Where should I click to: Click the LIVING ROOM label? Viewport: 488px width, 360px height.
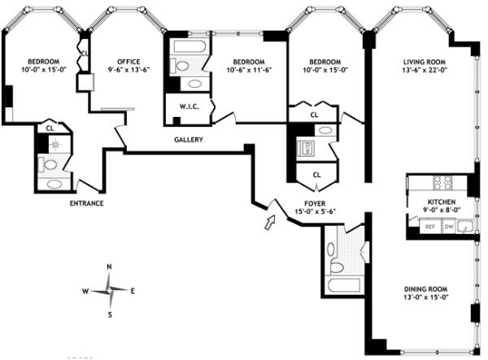(x=425, y=62)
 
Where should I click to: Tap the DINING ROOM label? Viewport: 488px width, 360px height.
(x=425, y=288)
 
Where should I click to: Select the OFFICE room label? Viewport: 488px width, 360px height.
(x=129, y=62)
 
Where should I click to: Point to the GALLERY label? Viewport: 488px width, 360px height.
(x=189, y=140)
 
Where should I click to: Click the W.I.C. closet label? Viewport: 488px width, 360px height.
(x=190, y=106)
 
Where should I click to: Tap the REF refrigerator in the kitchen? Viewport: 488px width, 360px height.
(x=430, y=227)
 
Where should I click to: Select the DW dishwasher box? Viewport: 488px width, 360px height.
(x=449, y=227)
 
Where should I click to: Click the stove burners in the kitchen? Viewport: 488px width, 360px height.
(x=442, y=183)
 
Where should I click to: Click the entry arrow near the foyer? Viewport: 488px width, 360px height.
(x=270, y=222)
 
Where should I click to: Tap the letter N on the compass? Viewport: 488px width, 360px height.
(x=109, y=267)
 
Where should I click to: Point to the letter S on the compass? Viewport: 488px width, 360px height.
(x=110, y=315)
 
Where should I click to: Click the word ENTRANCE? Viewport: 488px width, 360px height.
(x=86, y=203)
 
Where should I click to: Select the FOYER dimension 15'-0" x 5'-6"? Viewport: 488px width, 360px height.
(x=315, y=212)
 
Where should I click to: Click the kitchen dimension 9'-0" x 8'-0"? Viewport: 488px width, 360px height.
(x=442, y=210)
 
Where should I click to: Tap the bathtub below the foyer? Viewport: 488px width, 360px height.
(x=343, y=285)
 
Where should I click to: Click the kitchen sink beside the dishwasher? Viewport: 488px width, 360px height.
(x=465, y=226)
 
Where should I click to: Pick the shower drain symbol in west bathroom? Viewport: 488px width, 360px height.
(x=55, y=145)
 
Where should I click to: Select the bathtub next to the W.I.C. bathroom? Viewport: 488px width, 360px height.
(x=190, y=47)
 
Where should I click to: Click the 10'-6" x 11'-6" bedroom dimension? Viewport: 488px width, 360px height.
(x=249, y=70)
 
